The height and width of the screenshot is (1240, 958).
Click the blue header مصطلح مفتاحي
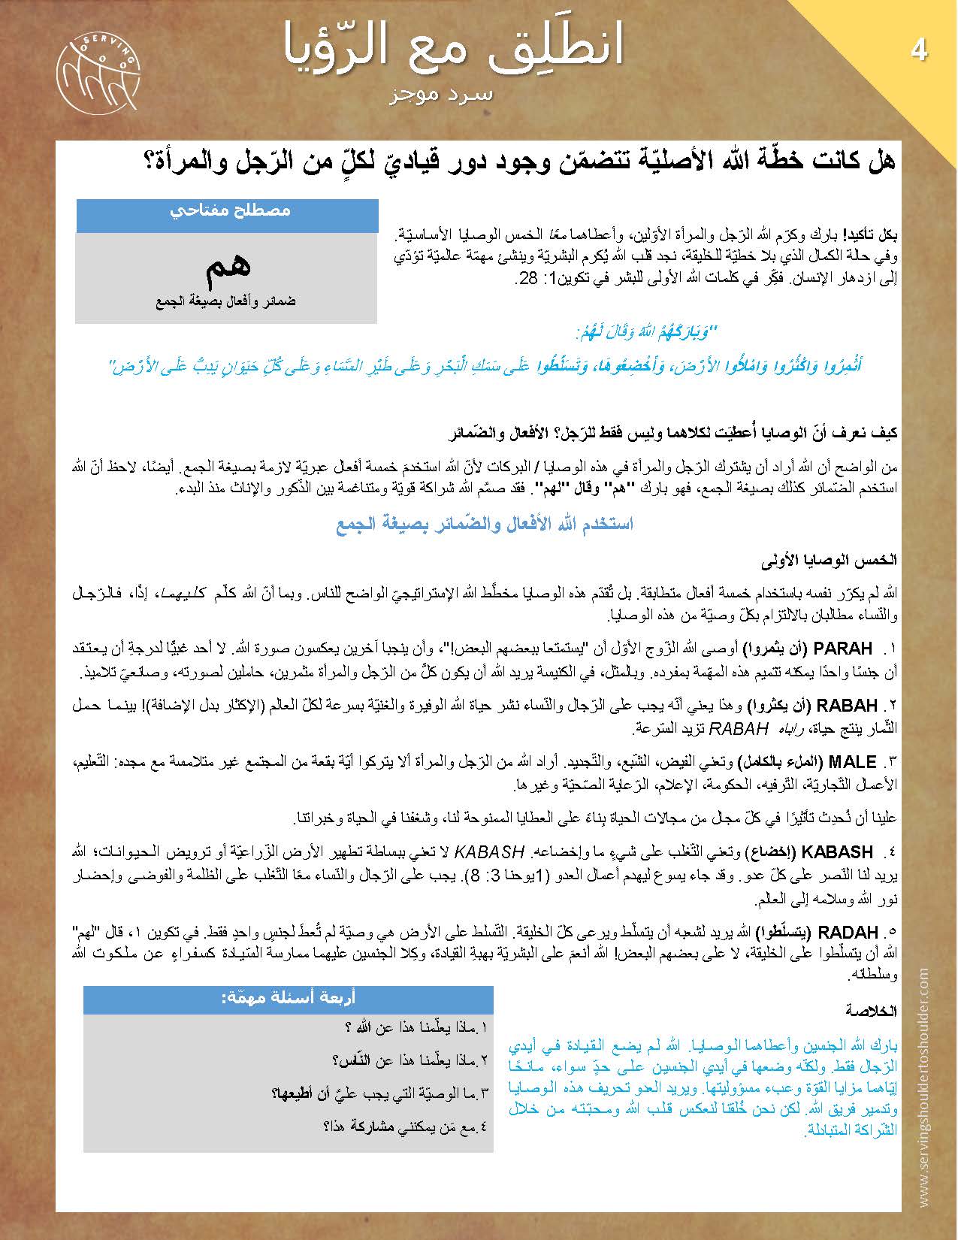[227, 211]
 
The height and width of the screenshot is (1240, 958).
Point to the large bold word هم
[227, 266]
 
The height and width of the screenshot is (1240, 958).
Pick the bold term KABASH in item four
[838, 852]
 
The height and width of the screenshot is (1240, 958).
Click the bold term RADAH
[847, 933]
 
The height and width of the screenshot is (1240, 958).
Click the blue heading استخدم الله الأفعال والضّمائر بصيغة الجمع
[484, 524]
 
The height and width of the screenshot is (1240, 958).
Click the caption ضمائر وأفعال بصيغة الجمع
[226, 302]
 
